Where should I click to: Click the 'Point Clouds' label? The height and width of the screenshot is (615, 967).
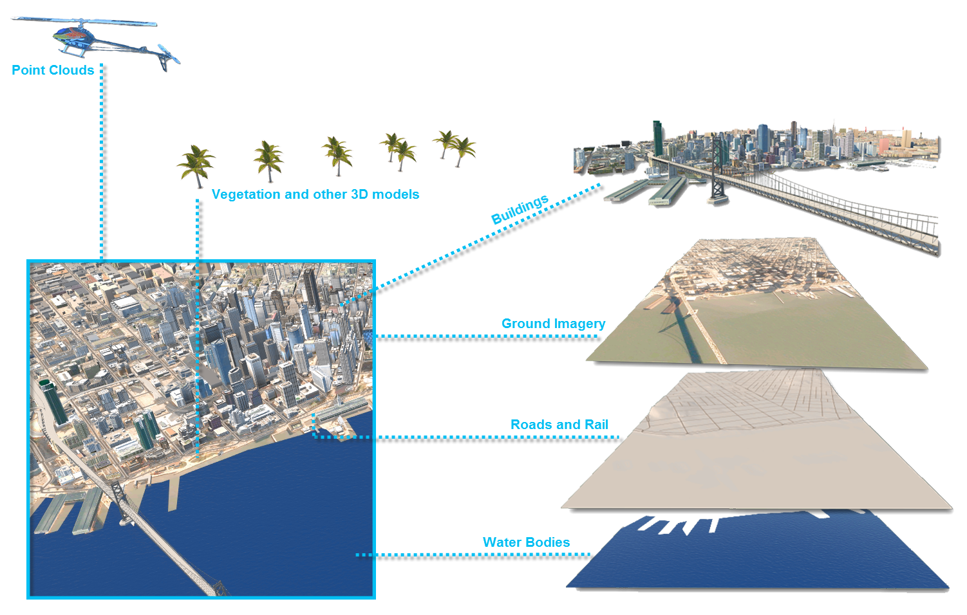click(53, 70)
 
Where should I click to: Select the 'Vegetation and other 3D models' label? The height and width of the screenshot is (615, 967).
click(315, 194)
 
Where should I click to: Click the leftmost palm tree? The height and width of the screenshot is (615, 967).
click(196, 165)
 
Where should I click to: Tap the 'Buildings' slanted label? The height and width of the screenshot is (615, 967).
click(520, 209)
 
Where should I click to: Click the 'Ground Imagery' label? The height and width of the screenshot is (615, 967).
click(553, 324)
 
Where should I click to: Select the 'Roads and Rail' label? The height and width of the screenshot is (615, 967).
click(559, 425)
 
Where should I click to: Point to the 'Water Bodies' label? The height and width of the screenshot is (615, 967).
click(526, 542)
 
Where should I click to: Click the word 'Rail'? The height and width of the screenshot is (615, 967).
click(596, 425)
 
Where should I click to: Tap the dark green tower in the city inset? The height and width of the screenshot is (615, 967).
click(54, 402)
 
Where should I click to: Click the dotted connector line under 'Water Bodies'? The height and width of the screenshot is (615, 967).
click(476, 555)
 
